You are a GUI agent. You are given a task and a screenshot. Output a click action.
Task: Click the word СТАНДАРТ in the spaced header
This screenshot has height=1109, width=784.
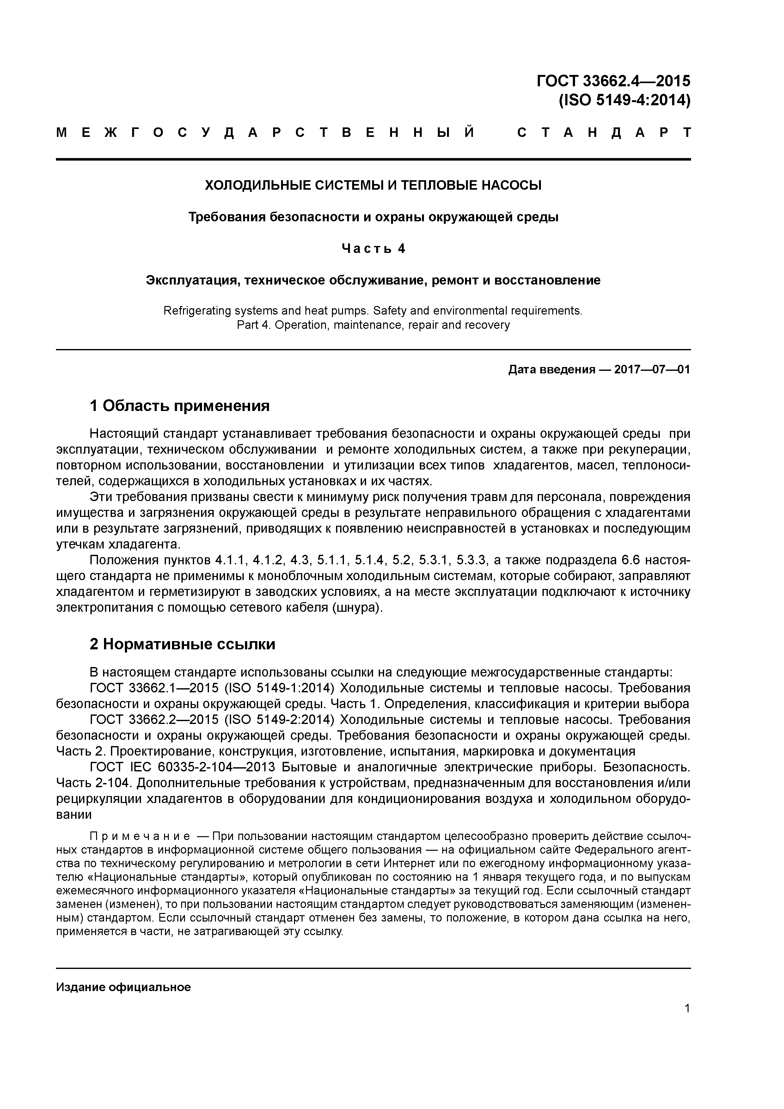(x=604, y=133)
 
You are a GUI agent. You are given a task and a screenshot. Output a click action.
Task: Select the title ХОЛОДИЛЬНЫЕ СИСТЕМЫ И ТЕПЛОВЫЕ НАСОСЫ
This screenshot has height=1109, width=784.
(x=373, y=185)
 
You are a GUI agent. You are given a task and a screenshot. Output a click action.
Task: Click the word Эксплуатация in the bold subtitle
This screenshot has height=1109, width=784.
(x=191, y=280)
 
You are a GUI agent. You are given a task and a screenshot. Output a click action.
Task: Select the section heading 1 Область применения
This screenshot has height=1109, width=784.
(x=180, y=406)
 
